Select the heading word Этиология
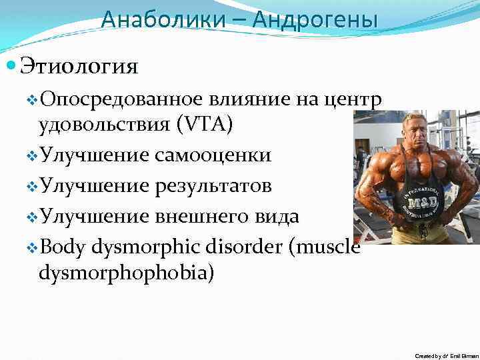pos(79,67)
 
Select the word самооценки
pos(212,156)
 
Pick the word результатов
pos(212,186)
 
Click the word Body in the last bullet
pos(63,247)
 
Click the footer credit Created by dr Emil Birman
pos(446,356)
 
